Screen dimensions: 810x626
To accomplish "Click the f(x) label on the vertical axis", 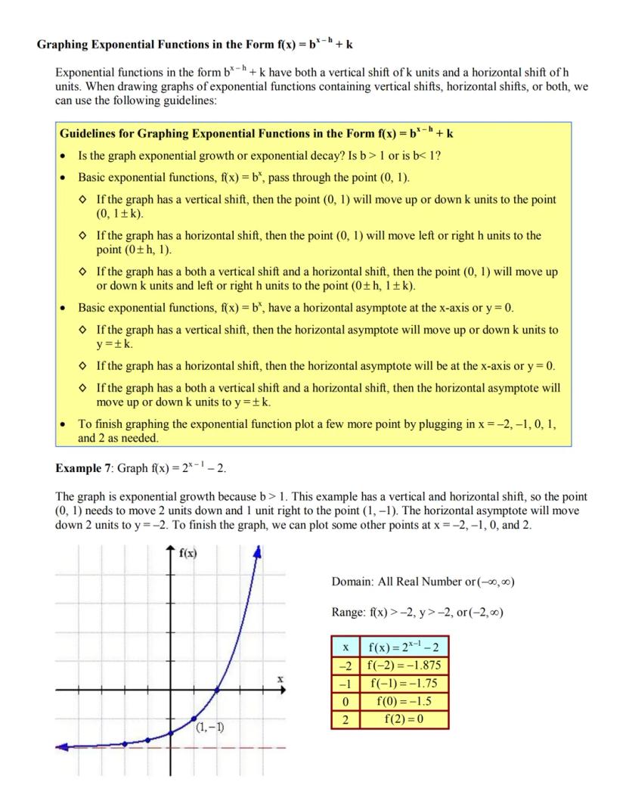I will tap(188, 553).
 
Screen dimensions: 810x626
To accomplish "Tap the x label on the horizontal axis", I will tap(280, 680).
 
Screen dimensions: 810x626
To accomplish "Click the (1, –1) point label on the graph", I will tap(209, 728).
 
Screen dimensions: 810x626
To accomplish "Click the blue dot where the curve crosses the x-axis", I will tap(218, 690).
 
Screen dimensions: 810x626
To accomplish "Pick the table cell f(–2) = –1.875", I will tap(404, 666).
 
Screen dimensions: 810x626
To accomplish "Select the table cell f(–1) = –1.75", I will tap(404, 683).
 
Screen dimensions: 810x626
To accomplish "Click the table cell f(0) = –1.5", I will tap(404, 700).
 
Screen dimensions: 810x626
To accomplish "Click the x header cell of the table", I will tap(345, 647).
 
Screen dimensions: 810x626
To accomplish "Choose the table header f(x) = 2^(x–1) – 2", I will tap(404, 647).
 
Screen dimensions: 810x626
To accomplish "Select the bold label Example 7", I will tap(83, 468).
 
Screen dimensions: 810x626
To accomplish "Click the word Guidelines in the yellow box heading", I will tap(88, 134).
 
